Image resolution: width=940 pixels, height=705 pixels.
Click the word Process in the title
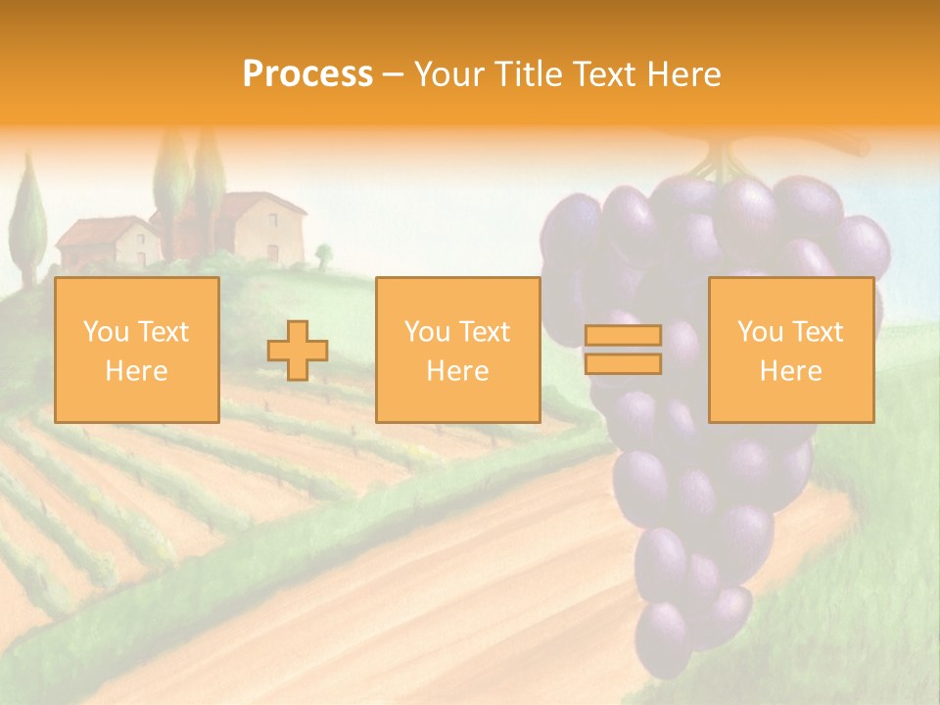pos(307,74)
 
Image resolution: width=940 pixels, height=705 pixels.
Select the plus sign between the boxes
pos(298,351)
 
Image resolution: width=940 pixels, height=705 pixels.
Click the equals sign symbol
pos(623,350)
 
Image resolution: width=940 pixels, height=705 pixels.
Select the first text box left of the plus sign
pos(137,350)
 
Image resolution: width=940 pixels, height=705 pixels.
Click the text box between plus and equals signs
pos(458,350)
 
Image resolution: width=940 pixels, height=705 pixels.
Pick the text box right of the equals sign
pos(791,350)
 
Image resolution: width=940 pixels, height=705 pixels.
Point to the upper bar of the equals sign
pos(623,336)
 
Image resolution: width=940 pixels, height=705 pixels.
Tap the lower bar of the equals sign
pos(623,363)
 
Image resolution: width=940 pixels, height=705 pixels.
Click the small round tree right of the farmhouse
pos(324,257)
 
